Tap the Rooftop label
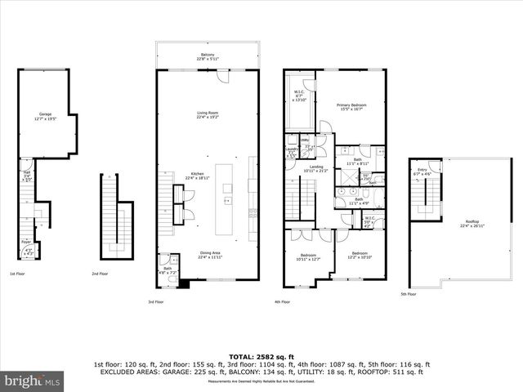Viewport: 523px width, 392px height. click(x=472, y=221)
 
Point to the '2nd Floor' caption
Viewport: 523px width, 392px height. click(x=101, y=273)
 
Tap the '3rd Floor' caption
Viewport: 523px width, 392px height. click(x=156, y=301)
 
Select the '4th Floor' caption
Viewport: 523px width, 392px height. click(x=283, y=301)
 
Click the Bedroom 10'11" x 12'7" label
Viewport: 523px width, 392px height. click(x=309, y=256)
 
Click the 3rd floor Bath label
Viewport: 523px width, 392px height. click(x=167, y=269)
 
